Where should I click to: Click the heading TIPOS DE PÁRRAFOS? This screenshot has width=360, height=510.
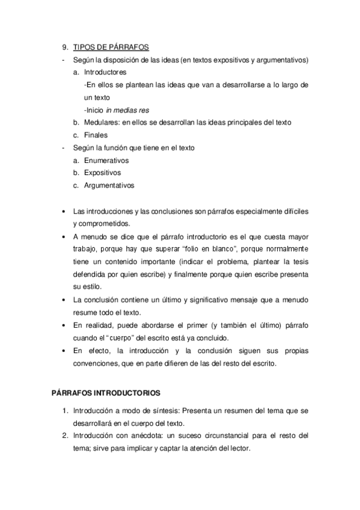[x=111, y=48]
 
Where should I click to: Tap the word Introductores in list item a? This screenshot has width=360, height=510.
[x=105, y=72]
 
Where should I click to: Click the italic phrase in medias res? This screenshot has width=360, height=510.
[x=127, y=110]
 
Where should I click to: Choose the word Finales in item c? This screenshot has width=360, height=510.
[x=96, y=135]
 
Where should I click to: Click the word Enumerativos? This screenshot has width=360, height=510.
[x=106, y=161]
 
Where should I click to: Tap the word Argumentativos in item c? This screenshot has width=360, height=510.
[x=109, y=186]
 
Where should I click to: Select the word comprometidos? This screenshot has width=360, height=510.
[x=97, y=223]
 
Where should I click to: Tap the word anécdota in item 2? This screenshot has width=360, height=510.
[x=154, y=435]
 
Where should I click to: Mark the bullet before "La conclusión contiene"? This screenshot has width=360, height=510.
[x=64, y=300]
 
